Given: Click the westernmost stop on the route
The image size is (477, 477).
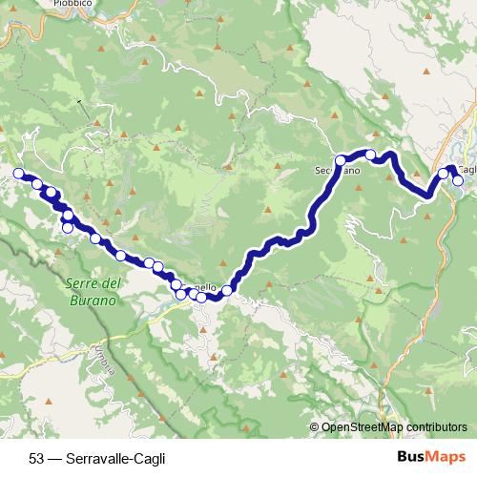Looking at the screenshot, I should [x=18, y=173].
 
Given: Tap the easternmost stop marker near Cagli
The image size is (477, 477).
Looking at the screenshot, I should [x=459, y=180].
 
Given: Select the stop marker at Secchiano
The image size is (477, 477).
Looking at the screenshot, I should [x=340, y=160].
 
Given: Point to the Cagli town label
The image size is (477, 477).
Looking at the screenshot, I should [x=466, y=167].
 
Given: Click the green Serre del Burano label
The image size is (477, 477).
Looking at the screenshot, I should [x=93, y=291].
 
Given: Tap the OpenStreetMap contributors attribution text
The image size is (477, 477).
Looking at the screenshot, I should [x=394, y=427].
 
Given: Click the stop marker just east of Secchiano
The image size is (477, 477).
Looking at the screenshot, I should [x=370, y=154].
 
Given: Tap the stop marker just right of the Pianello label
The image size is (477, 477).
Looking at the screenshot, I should [x=228, y=290].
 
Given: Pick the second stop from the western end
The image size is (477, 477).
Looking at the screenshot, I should [x=37, y=184].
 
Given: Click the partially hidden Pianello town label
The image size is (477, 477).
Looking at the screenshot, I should [x=204, y=287].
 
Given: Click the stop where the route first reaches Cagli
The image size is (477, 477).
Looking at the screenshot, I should [x=443, y=175].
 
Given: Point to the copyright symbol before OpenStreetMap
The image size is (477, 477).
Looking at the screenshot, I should [x=315, y=427].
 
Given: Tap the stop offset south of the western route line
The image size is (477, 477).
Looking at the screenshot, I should [x=68, y=227].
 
